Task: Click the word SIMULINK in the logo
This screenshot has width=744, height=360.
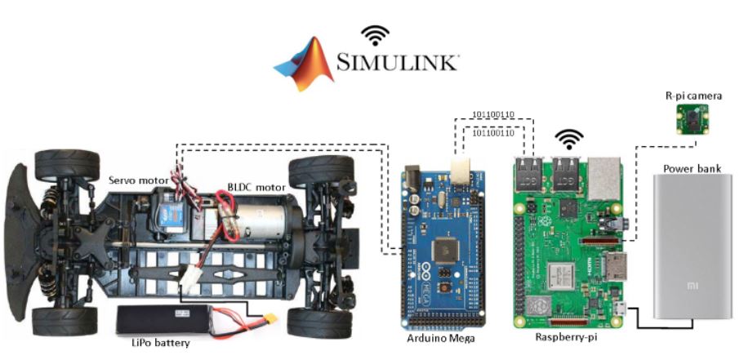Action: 398,62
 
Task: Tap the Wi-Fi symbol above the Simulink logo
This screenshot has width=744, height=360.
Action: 375,34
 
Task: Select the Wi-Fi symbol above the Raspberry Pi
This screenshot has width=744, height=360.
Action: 569,138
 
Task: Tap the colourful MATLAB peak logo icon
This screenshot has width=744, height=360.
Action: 305,64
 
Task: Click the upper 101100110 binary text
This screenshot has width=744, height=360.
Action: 498,113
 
